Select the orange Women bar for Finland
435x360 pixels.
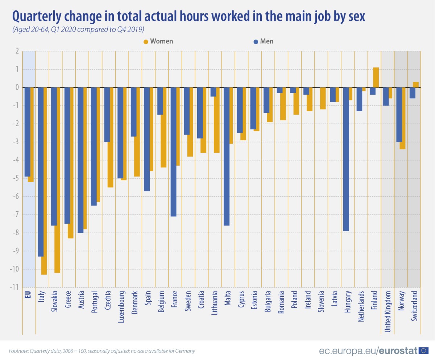pyautogui.click(x=376, y=78)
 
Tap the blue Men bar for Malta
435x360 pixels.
pyautogui.click(x=226, y=156)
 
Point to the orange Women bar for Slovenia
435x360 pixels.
pyautogui.click(x=323, y=98)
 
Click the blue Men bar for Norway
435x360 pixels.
pyautogui.click(x=399, y=115)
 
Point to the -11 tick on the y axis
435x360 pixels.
pyautogui.click(x=14, y=287)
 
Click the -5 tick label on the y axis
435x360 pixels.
pyautogui.click(x=15, y=178)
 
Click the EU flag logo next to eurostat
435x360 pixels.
pyautogui.click(x=423, y=351)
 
